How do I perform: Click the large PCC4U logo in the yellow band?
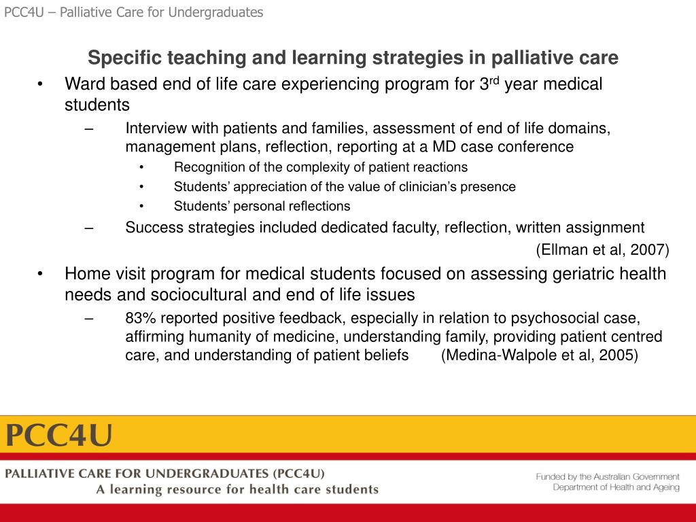tap(59, 435)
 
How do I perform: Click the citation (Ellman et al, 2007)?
tap(602, 250)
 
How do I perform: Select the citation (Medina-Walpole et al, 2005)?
tap(539, 355)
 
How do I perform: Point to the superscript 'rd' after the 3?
tap(496, 81)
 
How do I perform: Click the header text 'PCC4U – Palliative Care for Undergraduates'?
tap(134, 12)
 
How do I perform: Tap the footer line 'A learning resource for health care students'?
tap(237, 489)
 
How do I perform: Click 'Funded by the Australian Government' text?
tap(607, 477)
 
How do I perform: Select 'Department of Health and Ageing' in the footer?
tap(616, 487)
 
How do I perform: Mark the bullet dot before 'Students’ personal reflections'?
tap(141, 206)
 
